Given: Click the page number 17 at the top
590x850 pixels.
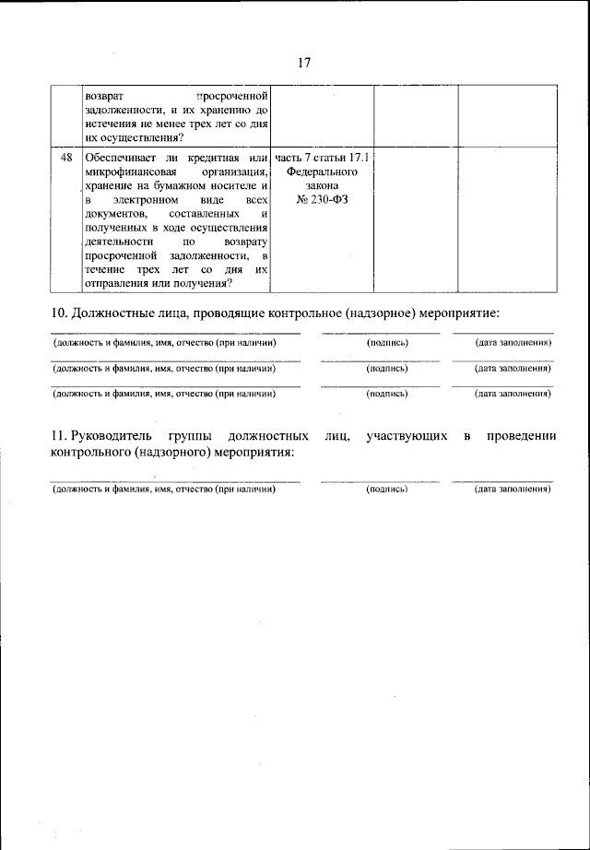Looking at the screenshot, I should tap(305, 63).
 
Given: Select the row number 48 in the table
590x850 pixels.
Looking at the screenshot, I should tap(66, 159).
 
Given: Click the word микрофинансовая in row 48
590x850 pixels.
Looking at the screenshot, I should tap(124, 172).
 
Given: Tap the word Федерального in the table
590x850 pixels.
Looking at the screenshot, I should tap(322, 172).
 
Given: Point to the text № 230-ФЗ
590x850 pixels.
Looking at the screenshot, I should tap(322, 199).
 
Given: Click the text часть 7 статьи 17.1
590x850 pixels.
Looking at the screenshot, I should tap(322, 159).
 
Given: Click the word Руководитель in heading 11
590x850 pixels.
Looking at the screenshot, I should tap(112, 434).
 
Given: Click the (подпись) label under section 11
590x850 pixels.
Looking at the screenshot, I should tap(386, 489).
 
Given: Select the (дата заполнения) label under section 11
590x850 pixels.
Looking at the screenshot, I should tap(513, 489).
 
